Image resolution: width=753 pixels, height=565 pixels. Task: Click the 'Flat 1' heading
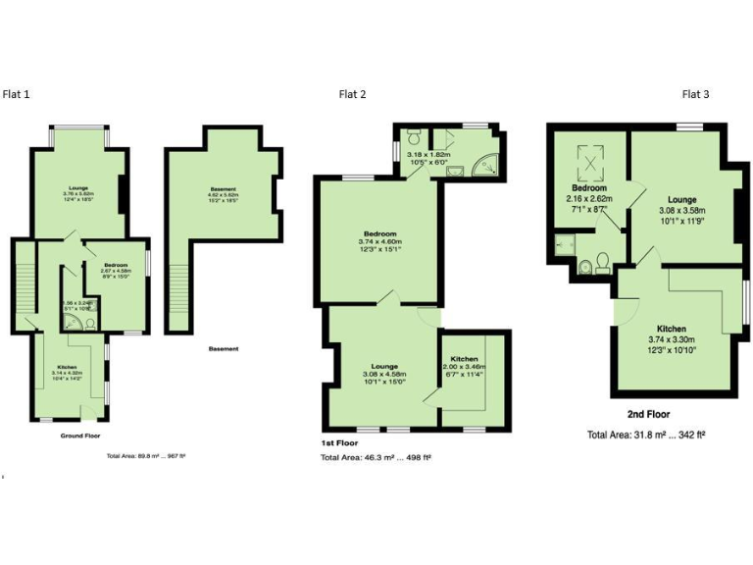[17, 94]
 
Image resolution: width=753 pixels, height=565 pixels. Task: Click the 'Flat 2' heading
[353, 94]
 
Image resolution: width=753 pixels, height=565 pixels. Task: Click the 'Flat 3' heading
[695, 94]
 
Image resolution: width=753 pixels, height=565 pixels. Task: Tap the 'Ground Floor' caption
[79, 435]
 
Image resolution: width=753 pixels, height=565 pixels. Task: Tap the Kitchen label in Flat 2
[464, 361]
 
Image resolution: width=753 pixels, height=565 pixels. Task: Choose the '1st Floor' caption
[339, 442]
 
